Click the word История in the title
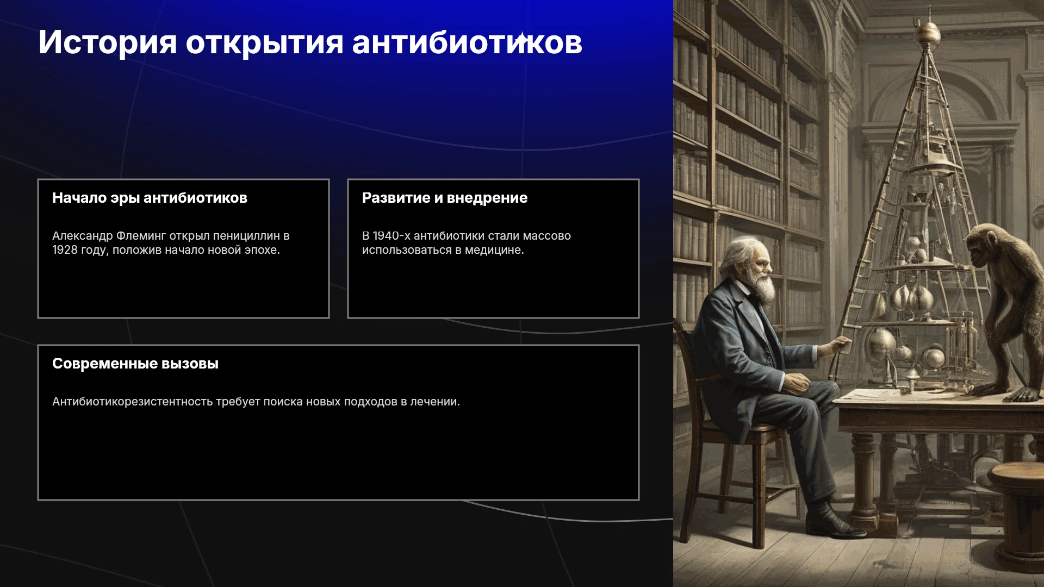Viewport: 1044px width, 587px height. pyautogui.click(x=108, y=43)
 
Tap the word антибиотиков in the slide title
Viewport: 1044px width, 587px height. pyautogui.click(x=467, y=43)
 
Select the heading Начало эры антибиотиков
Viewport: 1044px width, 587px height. pyautogui.click(x=150, y=198)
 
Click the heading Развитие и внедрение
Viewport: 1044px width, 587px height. pyautogui.click(x=445, y=198)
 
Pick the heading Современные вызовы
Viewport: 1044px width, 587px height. pyautogui.click(x=135, y=364)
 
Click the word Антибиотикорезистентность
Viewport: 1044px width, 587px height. pyautogui.click(x=132, y=402)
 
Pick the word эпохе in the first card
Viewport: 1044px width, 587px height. pyautogui.click(x=262, y=250)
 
